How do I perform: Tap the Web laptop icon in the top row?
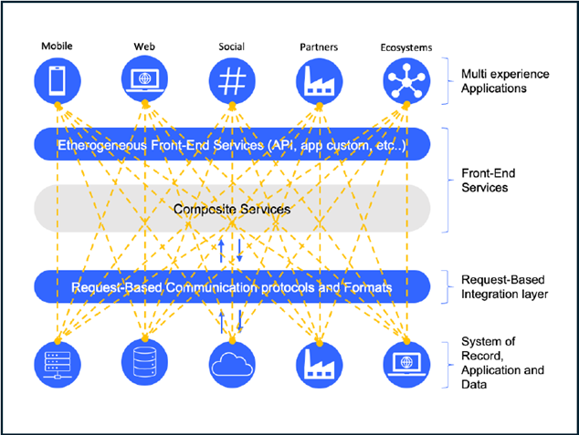pyautogui.click(x=142, y=79)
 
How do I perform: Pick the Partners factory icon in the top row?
pyautogui.click(x=319, y=79)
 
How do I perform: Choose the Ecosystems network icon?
pyautogui.click(x=405, y=79)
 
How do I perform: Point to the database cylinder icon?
pyautogui.click(x=142, y=364)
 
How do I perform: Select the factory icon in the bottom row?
pyautogui.click(x=319, y=364)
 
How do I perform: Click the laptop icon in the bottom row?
pyautogui.click(x=405, y=364)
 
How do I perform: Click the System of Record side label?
pyautogui.click(x=498, y=364)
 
